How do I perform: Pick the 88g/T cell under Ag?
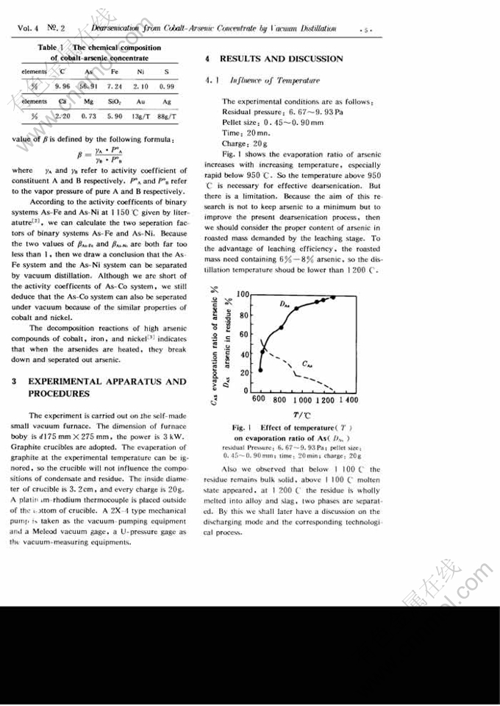pos(167,116)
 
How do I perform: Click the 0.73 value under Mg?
pos(89,116)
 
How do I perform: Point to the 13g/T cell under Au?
pos(141,116)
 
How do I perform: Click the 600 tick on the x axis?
pos(259,400)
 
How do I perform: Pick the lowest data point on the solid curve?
pos(260,369)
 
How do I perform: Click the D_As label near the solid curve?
pos(285,303)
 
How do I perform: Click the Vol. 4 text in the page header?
pos(28,28)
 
